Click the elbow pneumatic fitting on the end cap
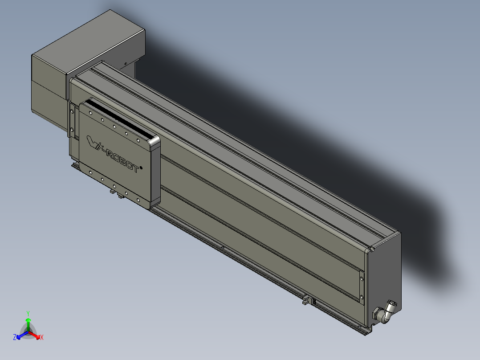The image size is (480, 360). [384, 311]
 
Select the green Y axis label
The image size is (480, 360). [28, 313]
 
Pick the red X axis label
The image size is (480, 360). [42, 337]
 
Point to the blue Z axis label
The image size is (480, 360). [15, 337]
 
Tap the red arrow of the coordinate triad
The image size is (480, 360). [37, 335]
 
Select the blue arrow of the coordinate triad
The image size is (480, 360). [20, 335]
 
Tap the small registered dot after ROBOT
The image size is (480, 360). [141, 168]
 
